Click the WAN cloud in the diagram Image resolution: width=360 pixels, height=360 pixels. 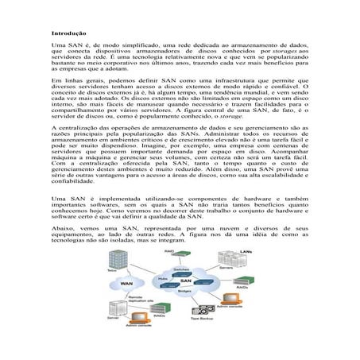click(x=126, y=284)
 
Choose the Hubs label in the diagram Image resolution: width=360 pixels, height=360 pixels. click(x=163, y=278)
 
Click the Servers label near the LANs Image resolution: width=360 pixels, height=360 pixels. click(x=226, y=268)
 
